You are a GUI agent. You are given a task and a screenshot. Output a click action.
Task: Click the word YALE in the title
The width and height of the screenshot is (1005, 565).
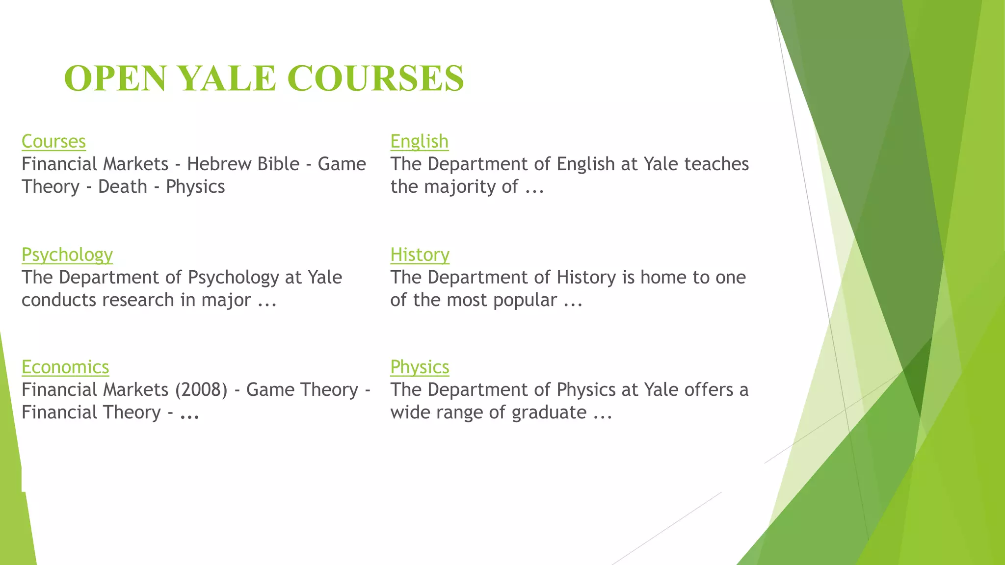pos(227,78)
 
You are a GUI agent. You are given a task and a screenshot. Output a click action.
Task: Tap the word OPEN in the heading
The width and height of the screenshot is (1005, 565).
pos(115,78)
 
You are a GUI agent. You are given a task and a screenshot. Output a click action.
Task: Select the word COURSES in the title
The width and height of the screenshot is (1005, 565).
pos(375,78)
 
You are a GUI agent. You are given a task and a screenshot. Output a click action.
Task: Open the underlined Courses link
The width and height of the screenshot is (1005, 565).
pos(53,142)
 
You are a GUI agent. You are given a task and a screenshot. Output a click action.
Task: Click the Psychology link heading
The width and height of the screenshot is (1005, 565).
pos(67,255)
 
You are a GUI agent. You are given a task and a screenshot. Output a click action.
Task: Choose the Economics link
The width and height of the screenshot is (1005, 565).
pos(65,367)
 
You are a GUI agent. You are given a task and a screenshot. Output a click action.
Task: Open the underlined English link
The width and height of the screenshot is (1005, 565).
pos(419,142)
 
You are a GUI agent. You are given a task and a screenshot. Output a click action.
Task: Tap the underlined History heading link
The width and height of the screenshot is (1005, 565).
pos(420,255)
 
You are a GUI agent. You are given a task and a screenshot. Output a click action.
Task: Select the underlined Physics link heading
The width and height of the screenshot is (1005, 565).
pos(420,367)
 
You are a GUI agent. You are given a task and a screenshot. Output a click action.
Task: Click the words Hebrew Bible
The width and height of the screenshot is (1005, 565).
pos(243,164)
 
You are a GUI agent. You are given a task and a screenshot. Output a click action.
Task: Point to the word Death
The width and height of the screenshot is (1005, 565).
pos(123,187)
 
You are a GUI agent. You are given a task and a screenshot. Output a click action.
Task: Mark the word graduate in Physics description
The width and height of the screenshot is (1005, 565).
pos(549,412)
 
